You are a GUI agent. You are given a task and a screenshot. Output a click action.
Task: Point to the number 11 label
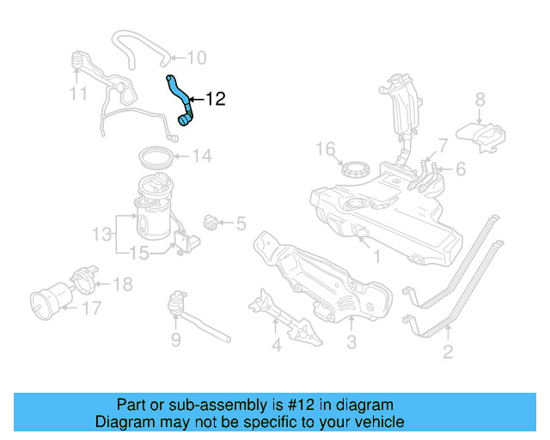tap(78, 93)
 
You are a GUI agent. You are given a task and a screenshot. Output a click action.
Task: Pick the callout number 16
tap(324, 150)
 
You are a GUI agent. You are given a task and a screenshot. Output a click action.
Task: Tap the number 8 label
tap(480, 99)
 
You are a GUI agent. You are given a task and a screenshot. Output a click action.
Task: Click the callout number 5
tap(240, 224)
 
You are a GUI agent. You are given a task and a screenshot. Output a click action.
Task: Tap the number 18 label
tap(123, 284)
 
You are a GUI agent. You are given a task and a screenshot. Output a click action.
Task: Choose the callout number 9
tap(175, 340)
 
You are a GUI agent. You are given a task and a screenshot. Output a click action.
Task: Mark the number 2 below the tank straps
tap(448, 351)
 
